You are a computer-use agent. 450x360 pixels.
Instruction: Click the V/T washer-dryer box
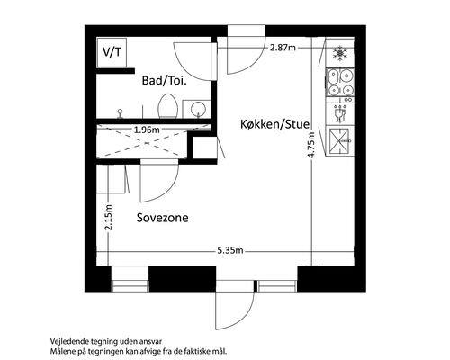point(112,52)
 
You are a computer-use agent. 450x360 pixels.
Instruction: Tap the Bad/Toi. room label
point(164,81)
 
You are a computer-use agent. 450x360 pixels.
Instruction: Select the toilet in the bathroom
point(168,106)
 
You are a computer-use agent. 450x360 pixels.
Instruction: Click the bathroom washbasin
point(197,109)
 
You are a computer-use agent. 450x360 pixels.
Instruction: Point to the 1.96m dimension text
point(147,130)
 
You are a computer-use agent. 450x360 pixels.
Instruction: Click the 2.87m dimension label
point(283,48)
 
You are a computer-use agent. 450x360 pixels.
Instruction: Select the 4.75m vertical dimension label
point(311,145)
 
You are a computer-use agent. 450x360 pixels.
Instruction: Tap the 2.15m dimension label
point(109,218)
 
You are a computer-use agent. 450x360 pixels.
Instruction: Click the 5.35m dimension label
point(230,250)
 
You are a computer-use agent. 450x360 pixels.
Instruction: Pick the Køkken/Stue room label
point(274,124)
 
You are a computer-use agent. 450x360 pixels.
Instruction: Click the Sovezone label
point(163,218)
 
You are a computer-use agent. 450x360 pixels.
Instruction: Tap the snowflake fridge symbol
point(340,54)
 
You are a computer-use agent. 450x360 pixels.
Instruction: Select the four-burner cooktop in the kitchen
point(340,82)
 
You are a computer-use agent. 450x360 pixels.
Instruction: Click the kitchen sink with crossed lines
point(339,141)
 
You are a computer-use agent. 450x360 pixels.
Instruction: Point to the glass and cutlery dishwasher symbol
point(340,114)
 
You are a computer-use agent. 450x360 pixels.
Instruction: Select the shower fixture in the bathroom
point(121,114)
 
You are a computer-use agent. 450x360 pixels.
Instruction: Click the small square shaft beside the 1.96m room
point(204,148)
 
